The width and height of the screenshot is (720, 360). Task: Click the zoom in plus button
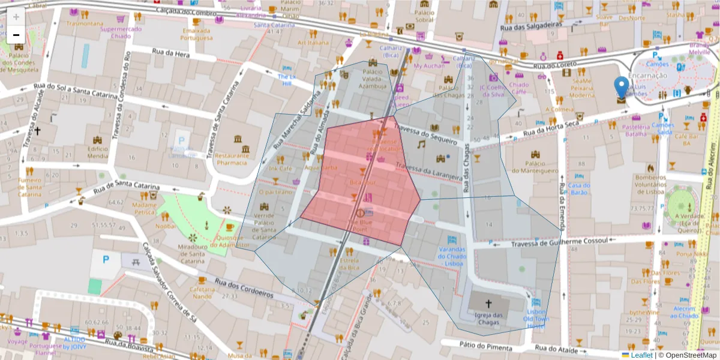[16, 17]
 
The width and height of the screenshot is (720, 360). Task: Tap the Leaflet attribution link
[641, 355]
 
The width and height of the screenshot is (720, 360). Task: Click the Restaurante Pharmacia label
[232, 159]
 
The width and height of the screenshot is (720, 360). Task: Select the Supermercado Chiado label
[121, 32]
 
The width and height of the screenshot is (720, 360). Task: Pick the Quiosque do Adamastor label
[230, 241]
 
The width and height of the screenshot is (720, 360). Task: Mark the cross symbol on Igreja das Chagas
[487, 304]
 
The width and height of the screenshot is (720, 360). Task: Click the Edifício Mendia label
[98, 152]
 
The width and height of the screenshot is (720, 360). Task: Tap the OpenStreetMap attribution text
[689, 355]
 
